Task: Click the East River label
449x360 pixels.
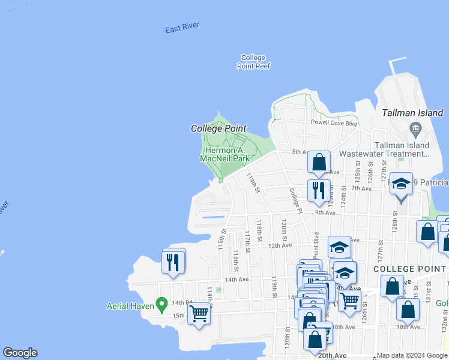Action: point(182,28)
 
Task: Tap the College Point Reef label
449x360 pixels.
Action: point(253,62)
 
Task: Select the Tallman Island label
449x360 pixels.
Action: point(413,113)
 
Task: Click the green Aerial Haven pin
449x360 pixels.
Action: point(161,304)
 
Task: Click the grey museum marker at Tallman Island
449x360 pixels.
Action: point(415,128)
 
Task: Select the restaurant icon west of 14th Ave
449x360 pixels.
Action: point(173,262)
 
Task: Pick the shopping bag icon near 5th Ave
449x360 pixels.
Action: point(319,161)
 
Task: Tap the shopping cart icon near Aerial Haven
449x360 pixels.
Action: point(199,312)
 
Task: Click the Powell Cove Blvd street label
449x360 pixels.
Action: point(334,123)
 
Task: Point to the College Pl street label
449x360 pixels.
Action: point(294,199)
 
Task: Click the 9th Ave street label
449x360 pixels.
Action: point(325,212)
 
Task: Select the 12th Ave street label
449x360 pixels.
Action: point(280,245)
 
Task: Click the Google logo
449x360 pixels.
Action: point(20,353)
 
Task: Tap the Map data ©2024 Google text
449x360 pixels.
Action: point(412,355)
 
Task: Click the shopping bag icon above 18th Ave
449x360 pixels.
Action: point(408,309)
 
